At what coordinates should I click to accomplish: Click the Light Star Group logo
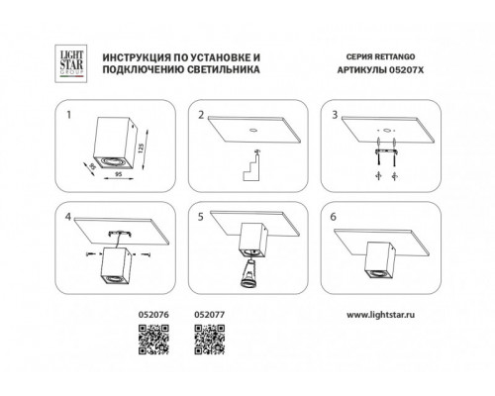pyautogui.click(x=71, y=63)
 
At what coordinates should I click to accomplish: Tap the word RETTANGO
pyautogui.click(x=395, y=56)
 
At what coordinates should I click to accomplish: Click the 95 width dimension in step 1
pyautogui.click(x=119, y=173)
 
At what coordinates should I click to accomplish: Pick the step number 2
pyautogui.click(x=201, y=116)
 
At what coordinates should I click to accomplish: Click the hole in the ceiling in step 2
pyautogui.click(x=253, y=130)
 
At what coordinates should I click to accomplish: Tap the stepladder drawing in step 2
pyautogui.click(x=251, y=165)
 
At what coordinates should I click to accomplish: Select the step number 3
pyautogui.click(x=335, y=115)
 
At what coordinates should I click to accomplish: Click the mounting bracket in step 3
pyautogui.click(x=386, y=151)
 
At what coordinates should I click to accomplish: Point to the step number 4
pyautogui.click(x=68, y=217)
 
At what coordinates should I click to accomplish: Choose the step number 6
pyautogui.click(x=334, y=217)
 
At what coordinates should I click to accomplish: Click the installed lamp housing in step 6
pyautogui.click(x=380, y=260)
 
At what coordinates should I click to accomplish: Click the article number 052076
pyautogui.click(x=153, y=315)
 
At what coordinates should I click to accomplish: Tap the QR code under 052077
pyautogui.click(x=210, y=340)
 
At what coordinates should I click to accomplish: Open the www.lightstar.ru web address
pyautogui.click(x=380, y=315)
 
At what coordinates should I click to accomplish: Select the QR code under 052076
pyautogui.click(x=153, y=340)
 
